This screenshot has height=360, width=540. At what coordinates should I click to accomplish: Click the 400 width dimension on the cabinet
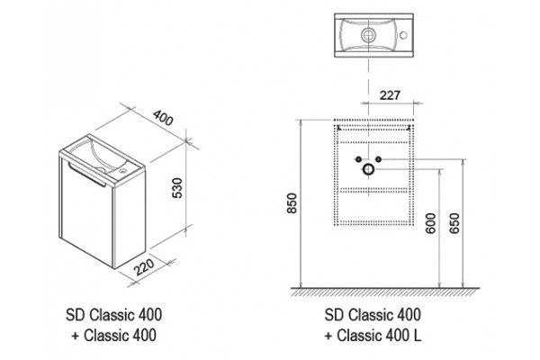[163, 118]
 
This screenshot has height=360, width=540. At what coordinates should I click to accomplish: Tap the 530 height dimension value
[177, 188]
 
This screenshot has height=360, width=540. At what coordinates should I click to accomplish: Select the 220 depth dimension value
[144, 267]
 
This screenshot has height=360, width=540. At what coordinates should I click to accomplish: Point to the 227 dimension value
[390, 95]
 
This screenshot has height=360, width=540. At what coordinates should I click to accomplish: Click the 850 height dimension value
[292, 202]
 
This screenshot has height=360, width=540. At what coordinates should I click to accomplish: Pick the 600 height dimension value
[430, 223]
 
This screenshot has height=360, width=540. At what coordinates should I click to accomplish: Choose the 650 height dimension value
[454, 223]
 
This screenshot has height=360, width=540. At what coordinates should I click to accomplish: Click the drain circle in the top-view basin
[369, 35]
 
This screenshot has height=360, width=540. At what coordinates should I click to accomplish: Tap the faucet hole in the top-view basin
[403, 35]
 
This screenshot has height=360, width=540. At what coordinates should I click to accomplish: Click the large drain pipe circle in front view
[368, 169]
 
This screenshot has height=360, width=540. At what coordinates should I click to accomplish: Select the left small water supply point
[358, 159]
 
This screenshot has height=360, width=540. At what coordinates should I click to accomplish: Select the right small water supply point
[379, 159]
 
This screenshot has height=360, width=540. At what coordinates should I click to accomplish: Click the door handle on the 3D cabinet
[86, 175]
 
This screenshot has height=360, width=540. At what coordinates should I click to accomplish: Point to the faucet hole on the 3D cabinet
[122, 170]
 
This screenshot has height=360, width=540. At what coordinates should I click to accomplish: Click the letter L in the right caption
[417, 336]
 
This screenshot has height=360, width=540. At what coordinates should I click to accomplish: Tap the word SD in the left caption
[76, 315]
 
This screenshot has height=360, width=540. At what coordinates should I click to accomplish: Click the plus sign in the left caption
[76, 336]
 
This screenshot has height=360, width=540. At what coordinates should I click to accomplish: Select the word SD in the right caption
[334, 315]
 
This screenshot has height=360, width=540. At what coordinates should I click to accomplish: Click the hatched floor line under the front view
[385, 292]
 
